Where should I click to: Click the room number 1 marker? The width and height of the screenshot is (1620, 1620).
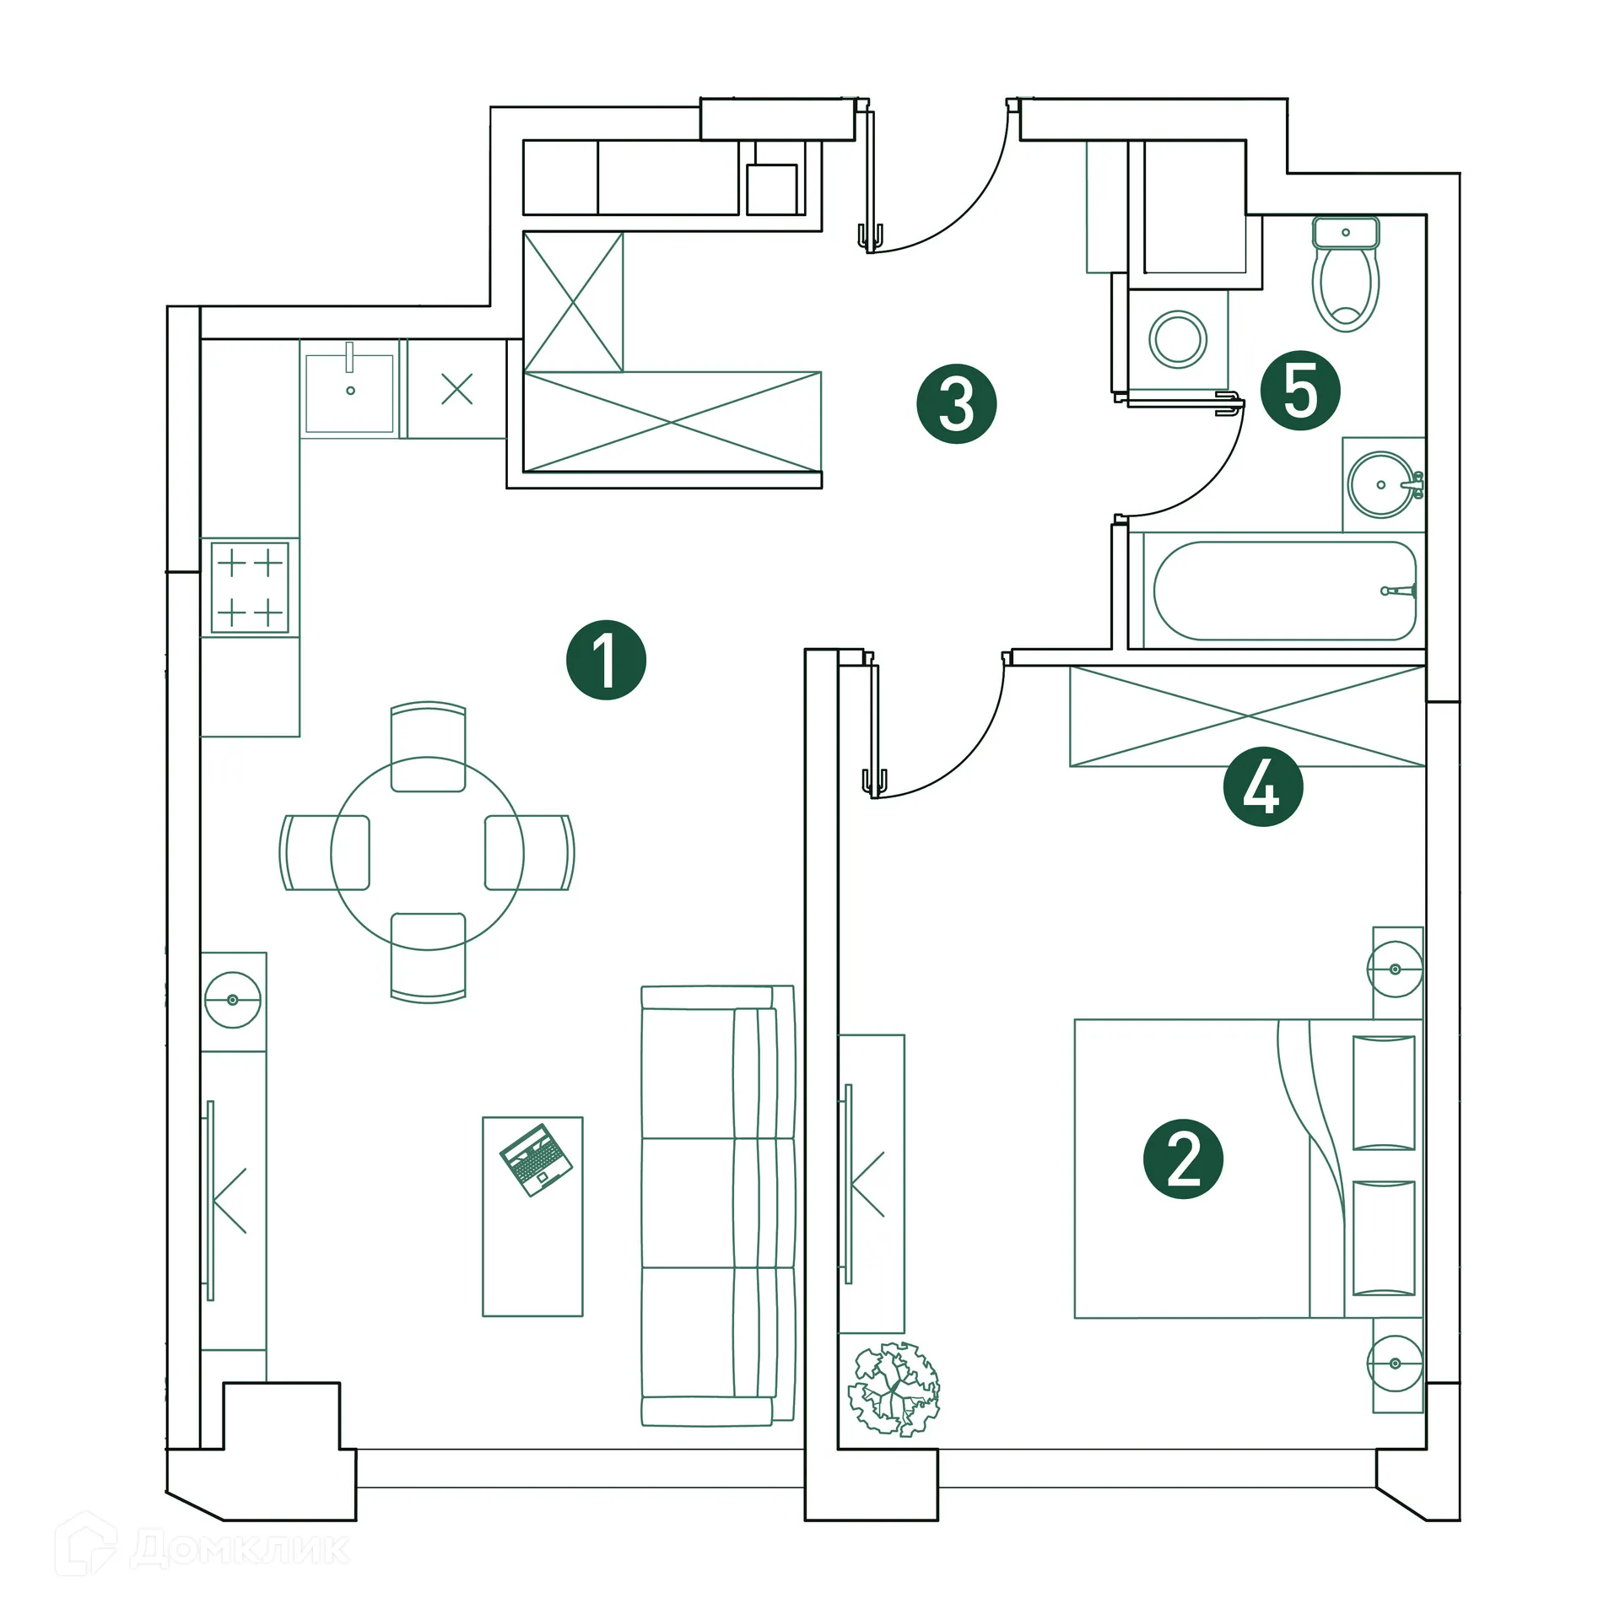[x=606, y=660]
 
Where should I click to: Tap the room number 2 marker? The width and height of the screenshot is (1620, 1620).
[x=1183, y=1159]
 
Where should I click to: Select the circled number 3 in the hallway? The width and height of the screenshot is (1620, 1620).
[x=956, y=403]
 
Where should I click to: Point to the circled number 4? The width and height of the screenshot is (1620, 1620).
[x=1262, y=786]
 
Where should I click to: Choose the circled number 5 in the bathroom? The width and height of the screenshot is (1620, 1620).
[x=1299, y=391]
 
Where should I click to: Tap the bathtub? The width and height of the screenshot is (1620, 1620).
[x=1283, y=591]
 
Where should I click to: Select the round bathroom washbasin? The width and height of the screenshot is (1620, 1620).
[x=1380, y=484]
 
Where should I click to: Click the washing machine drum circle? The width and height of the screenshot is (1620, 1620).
[x=1178, y=339]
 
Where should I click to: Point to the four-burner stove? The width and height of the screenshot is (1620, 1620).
[x=250, y=587]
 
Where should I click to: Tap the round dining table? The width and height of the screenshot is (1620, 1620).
[x=427, y=853]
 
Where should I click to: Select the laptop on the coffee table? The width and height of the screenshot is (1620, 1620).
[x=536, y=1159]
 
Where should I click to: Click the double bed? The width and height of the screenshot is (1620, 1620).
[x=1247, y=1169]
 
